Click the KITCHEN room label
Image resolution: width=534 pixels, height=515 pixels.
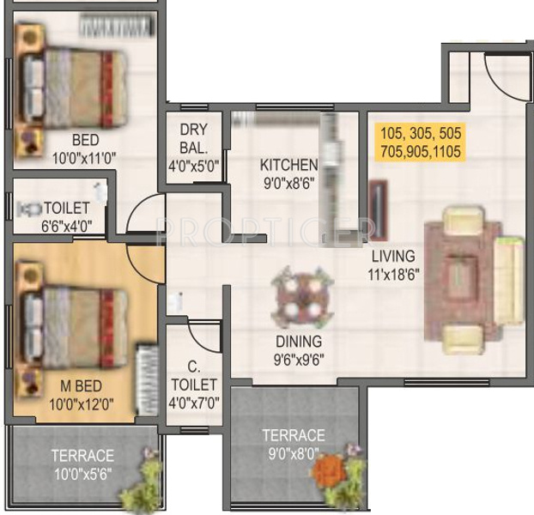coord(288,165)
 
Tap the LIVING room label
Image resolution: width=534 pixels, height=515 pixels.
coord(393,256)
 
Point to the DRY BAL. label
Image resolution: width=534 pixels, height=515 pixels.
coord(194,137)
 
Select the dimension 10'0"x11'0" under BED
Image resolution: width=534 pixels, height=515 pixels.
coord(84,157)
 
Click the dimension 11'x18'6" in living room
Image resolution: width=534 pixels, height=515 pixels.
coord(394,275)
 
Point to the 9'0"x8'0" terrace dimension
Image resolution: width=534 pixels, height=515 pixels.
coord(294,453)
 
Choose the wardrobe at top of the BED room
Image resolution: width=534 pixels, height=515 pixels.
coord(117,27)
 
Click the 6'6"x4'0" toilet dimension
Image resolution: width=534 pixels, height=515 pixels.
coord(66,227)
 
